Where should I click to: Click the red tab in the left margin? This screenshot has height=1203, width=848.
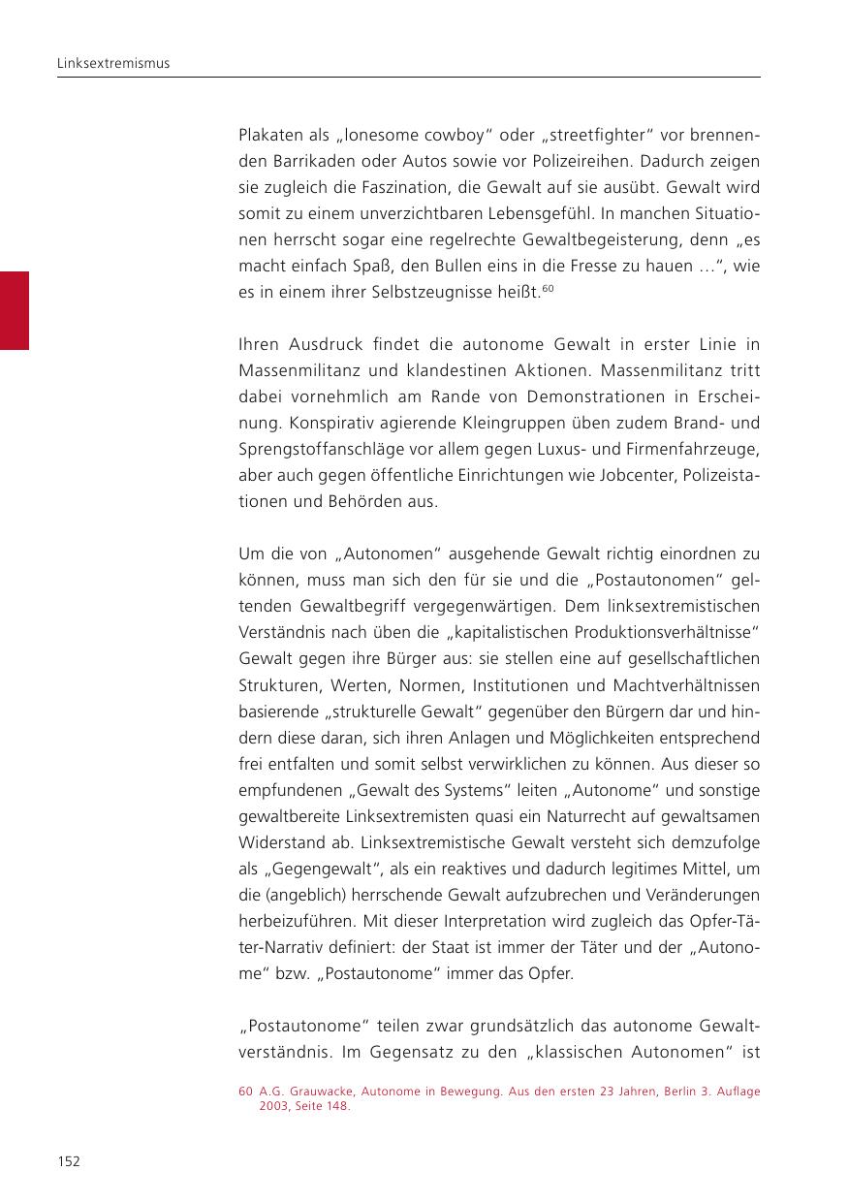pos(15,310)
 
